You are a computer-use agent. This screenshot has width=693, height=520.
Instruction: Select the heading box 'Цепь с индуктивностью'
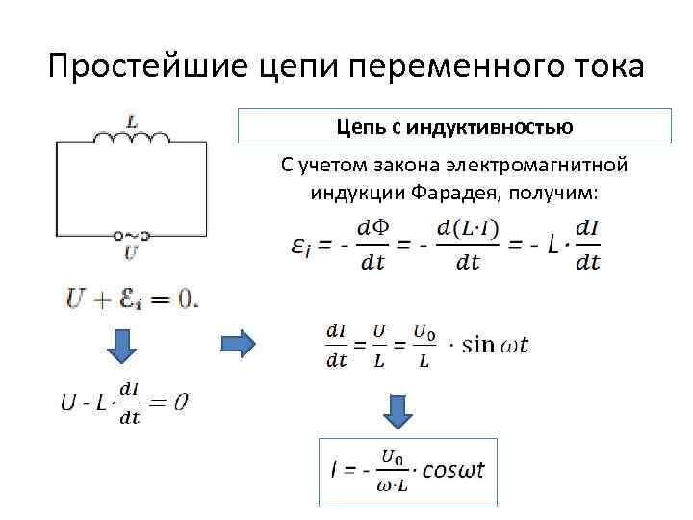click(x=454, y=126)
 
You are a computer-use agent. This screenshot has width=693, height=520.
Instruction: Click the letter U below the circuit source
click(x=131, y=253)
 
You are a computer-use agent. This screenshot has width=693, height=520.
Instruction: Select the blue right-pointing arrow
click(x=238, y=342)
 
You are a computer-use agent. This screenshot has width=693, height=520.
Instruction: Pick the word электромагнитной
click(x=544, y=166)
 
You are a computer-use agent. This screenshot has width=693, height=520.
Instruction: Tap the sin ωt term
click(x=495, y=345)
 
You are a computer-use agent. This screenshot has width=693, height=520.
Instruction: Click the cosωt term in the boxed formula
click(x=452, y=471)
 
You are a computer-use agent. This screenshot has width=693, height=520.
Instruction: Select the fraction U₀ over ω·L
click(x=393, y=471)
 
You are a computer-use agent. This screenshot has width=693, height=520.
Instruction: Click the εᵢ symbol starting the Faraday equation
click(x=300, y=247)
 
